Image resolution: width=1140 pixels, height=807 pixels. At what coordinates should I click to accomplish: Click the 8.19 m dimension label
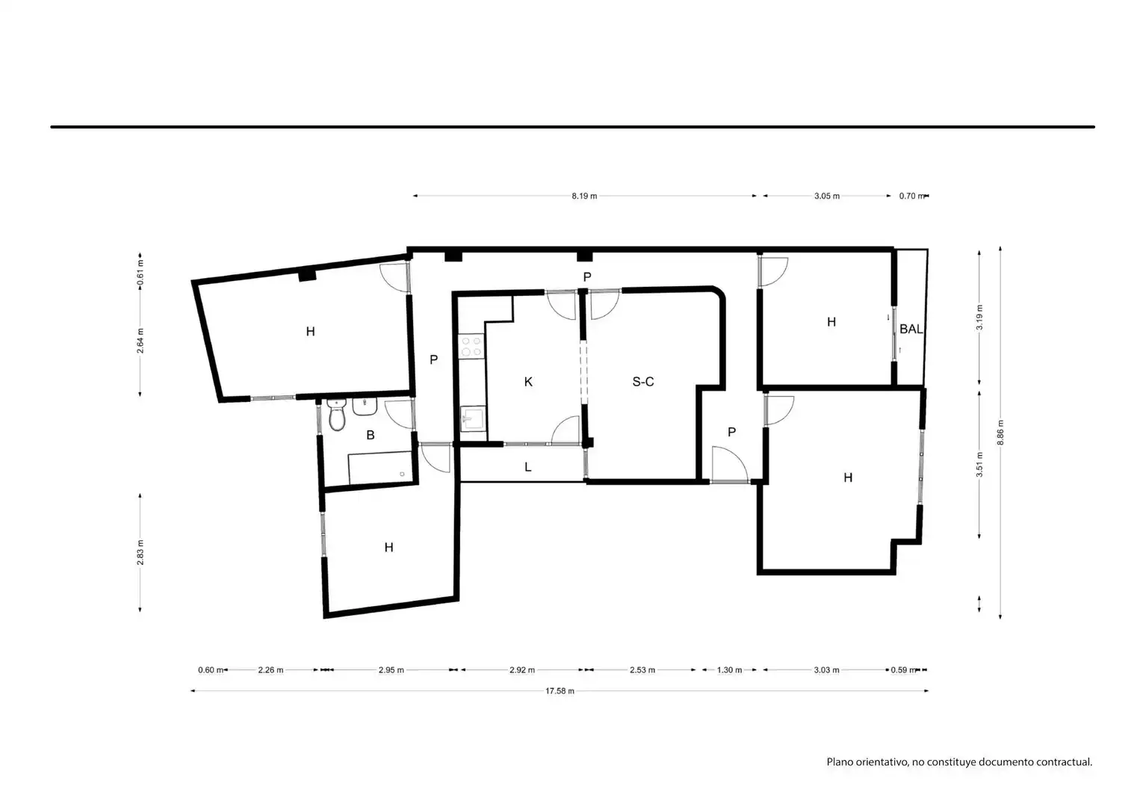click(584, 196)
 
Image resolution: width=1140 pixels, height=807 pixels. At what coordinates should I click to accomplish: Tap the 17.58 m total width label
click(560, 691)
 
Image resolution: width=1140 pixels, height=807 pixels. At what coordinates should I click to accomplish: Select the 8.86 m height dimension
click(1000, 433)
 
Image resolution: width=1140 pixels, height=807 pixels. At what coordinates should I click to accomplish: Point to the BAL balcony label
click(911, 329)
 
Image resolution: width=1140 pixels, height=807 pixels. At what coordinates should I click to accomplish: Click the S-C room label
click(642, 381)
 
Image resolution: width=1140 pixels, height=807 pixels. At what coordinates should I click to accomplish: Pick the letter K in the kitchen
click(528, 381)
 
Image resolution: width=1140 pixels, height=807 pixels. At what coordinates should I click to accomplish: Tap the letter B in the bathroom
click(371, 435)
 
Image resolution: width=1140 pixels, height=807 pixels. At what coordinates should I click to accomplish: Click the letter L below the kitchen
click(527, 466)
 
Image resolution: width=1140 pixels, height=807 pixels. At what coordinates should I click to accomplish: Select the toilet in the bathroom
click(336, 415)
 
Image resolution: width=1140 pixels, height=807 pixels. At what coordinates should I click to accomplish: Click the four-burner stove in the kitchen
click(471, 346)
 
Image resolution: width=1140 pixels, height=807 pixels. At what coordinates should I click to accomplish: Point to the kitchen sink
click(473, 419)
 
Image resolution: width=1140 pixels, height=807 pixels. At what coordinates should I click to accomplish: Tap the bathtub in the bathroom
click(380, 468)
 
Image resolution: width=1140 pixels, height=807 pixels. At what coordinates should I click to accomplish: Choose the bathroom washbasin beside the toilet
click(365, 406)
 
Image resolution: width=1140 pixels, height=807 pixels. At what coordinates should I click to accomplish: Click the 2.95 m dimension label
click(391, 670)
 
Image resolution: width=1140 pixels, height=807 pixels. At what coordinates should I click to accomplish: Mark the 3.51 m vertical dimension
click(979, 464)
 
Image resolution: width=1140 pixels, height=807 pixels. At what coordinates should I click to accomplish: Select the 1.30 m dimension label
click(729, 670)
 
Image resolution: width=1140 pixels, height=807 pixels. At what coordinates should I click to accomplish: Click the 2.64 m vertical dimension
click(140, 341)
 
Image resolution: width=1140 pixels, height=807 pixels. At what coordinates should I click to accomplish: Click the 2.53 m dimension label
click(642, 670)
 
